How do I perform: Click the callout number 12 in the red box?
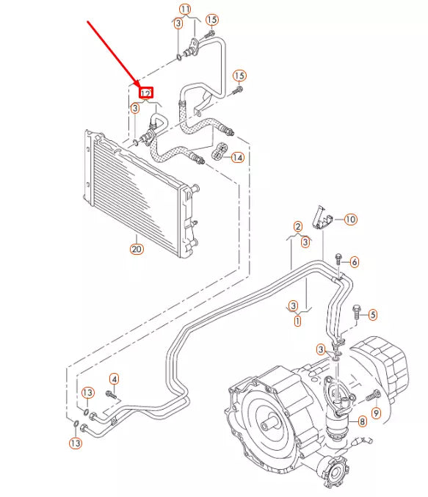pos(146,93)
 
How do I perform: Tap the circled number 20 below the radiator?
pos(137,249)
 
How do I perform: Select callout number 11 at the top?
pos(185,10)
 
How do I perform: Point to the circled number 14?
pos(237,157)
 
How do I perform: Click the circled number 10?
pos(350,219)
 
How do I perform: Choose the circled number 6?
pos(354,262)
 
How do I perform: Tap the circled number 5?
pos(372,315)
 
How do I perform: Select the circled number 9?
pos(375,414)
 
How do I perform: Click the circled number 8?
pos(360,421)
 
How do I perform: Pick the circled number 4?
pos(114,379)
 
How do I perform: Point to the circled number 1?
pos(297,320)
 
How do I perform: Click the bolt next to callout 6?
pos(338,259)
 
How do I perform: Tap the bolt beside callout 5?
pos(357,311)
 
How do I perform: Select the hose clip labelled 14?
pos(219,153)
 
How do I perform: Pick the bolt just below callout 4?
pos(111,394)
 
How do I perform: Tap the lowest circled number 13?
pos(76,443)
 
